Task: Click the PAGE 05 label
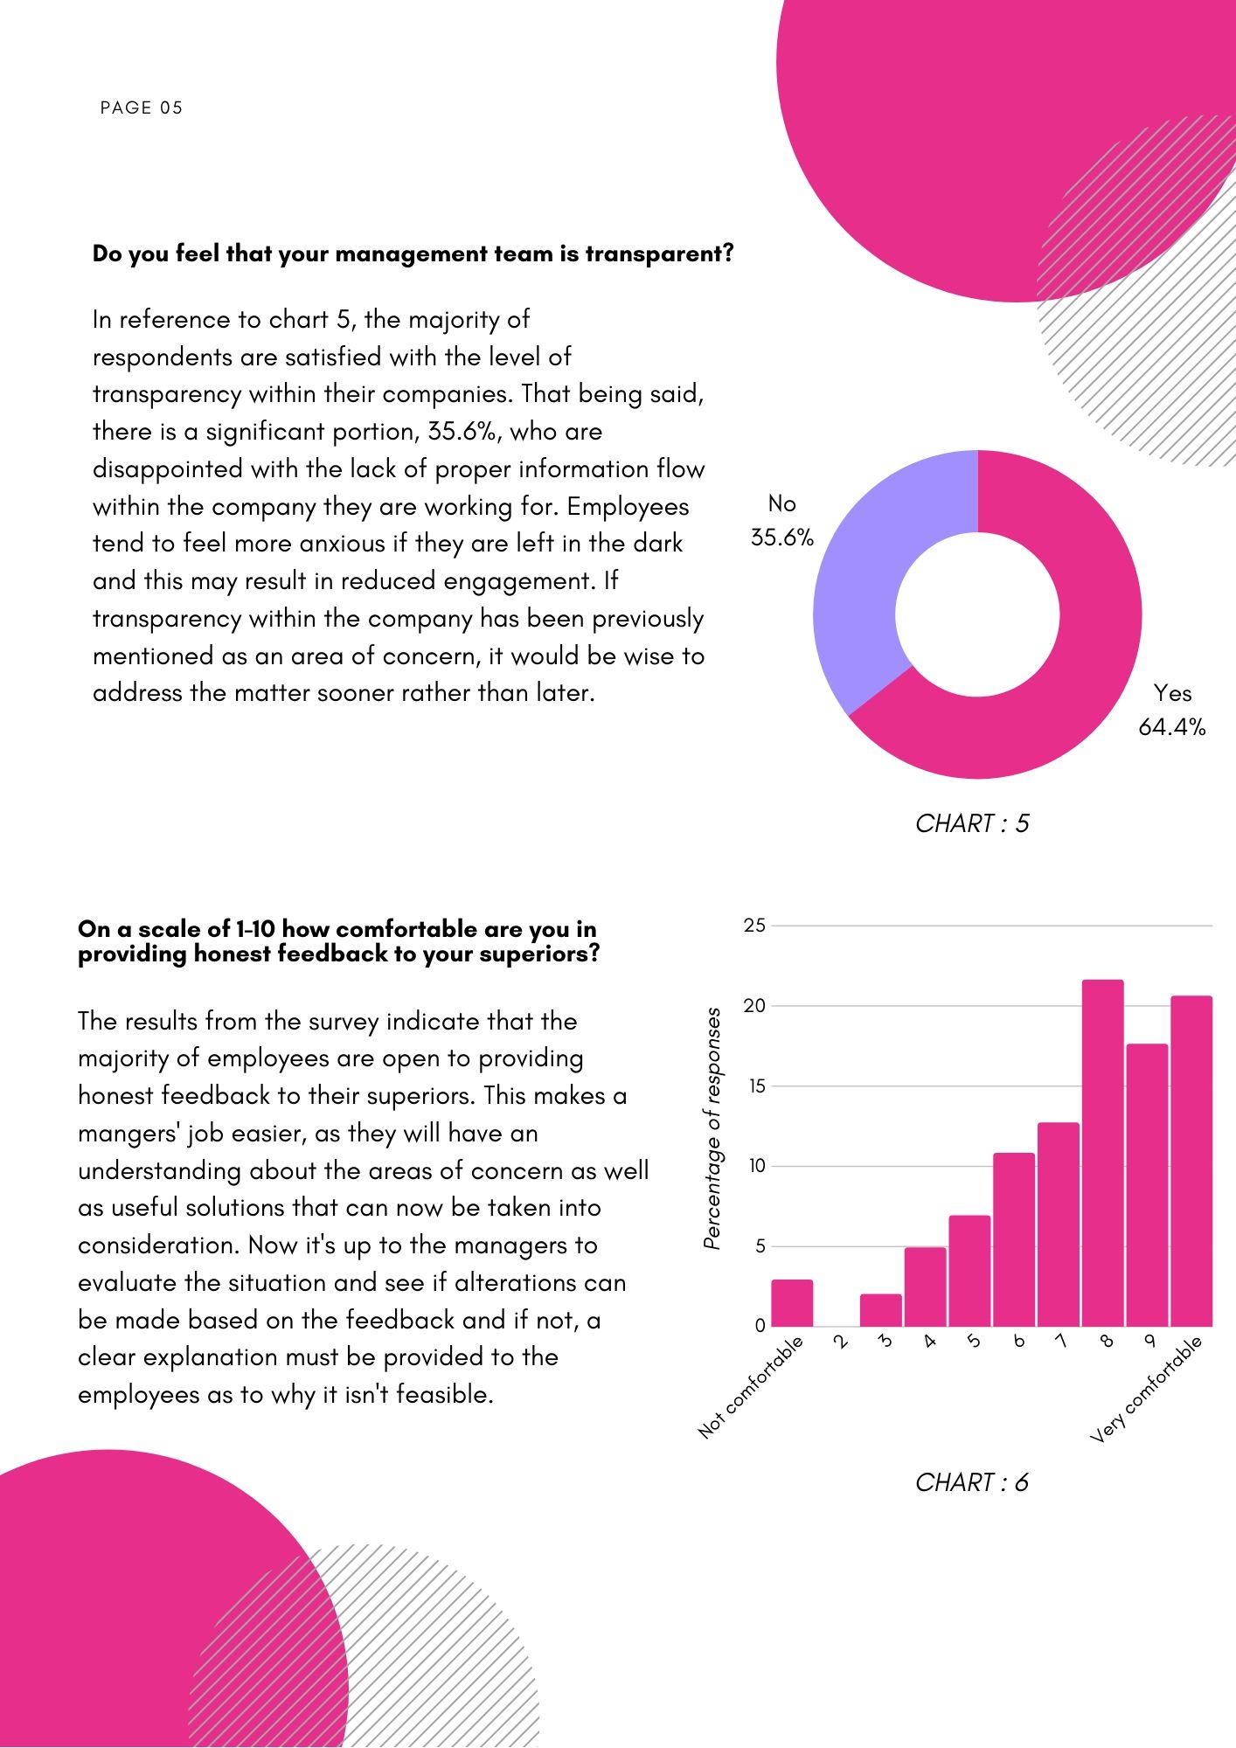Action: (x=141, y=108)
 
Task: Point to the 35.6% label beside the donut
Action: (x=781, y=538)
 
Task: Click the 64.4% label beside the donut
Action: (x=1171, y=727)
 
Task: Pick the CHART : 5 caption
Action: (x=972, y=823)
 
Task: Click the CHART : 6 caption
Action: (x=972, y=1482)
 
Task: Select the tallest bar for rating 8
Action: (x=1102, y=1154)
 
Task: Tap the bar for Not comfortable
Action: (x=792, y=1303)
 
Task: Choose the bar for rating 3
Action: (x=880, y=1310)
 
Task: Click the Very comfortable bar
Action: (x=1191, y=1162)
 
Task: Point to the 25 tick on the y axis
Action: (x=753, y=926)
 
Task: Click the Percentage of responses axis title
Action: (x=712, y=1127)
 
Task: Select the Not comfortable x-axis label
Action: (x=751, y=1387)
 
